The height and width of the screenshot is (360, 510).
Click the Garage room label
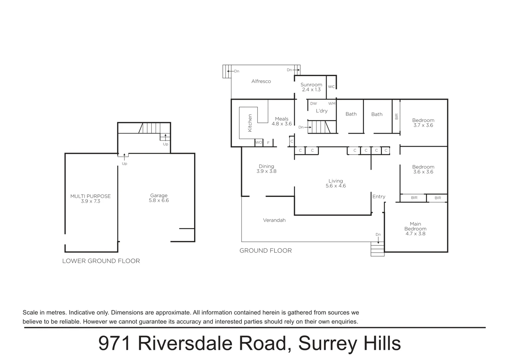click(159, 198)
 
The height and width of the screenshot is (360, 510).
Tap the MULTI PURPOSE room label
click(90, 199)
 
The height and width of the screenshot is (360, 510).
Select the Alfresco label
click(261, 81)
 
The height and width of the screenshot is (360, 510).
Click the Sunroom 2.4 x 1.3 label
click(311, 87)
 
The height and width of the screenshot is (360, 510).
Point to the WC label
click(331, 87)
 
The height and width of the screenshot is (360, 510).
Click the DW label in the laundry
click(314, 104)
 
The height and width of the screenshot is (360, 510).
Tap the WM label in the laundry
click(332, 104)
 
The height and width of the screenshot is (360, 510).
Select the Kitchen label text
click(250, 123)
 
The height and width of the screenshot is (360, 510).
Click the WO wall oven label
click(259, 143)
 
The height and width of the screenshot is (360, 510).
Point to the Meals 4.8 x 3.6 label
click(282, 121)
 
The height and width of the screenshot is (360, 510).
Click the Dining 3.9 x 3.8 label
click(266, 169)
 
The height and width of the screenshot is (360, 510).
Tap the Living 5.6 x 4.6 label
click(336, 183)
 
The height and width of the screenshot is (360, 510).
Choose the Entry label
click(379, 197)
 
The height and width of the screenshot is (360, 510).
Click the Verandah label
click(274, 220)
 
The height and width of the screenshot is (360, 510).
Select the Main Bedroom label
click(415, 229)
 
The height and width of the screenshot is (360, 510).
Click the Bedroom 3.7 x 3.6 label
click(423, 123)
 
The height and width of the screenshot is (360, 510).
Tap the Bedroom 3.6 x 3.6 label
click(423, 169)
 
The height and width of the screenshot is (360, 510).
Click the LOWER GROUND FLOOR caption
click(101, 261)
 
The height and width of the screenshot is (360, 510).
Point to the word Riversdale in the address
click(212, 343)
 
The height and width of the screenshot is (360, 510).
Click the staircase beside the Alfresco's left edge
click(227, 71)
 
